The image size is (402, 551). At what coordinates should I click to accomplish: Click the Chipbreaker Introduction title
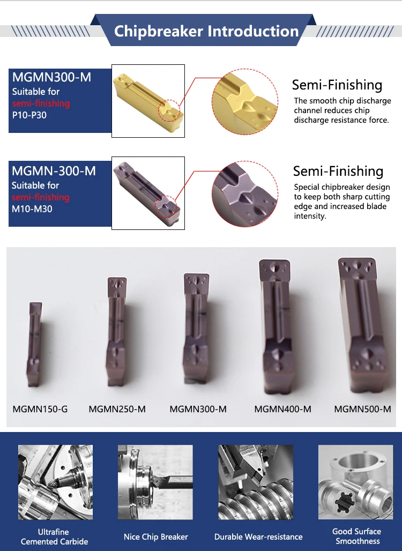206,31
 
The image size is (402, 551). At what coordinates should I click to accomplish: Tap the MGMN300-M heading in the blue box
51,77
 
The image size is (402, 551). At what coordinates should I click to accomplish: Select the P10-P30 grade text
29,115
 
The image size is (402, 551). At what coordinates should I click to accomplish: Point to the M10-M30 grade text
32,209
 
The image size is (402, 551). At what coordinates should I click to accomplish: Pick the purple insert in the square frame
147,193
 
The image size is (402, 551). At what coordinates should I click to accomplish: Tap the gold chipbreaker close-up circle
245,102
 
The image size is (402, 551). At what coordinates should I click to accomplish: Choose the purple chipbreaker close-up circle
245,193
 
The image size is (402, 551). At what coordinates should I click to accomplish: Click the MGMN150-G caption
40,409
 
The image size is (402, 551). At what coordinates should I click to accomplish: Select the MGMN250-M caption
117,409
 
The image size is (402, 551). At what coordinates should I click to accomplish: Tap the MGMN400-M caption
283,409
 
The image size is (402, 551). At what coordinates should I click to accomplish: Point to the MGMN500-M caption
363,409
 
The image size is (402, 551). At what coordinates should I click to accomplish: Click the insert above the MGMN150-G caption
34,344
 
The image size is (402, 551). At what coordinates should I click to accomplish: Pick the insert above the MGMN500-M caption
362,325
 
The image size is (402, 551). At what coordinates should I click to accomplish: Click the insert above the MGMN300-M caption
196,327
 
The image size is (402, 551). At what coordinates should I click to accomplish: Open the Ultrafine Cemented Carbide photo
56,482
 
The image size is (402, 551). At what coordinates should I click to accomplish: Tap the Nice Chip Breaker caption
155,537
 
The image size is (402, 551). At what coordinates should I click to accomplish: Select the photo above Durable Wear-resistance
256,482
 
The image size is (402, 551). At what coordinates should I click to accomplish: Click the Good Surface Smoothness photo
355,482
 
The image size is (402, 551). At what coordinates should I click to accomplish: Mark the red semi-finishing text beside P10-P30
41,103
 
